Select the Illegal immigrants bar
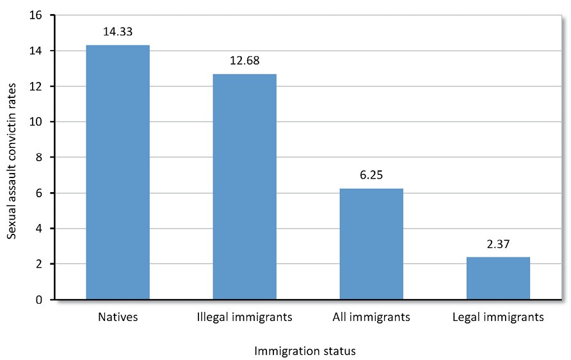pos(245,186)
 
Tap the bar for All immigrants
pos(371,243)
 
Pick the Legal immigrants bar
pos(498,278)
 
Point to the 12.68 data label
pos(245,61)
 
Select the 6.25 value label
pos(371,175)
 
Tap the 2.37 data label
pos(498,244)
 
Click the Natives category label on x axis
pos(117,317)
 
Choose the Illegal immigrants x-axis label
pos(245,317)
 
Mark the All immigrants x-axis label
pos(371,317)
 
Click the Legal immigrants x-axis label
pos(498,317)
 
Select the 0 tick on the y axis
pos(40,300)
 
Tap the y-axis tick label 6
pos(40,193)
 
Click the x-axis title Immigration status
pos(305,351)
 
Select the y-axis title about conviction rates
pos(12,158)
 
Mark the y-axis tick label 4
pos(40,229)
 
